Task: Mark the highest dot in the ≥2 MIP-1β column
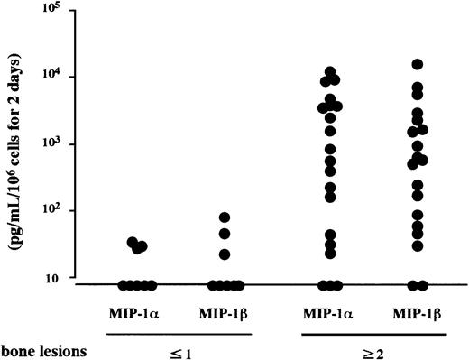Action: click(x=418, y=64)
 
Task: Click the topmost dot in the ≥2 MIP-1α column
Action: click(x=331, y=71)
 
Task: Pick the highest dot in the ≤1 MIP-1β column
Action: click(x=225, y=217)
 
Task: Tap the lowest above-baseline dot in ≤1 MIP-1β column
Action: click(x=225, y=254)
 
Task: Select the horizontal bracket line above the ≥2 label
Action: click(x=373, y=333)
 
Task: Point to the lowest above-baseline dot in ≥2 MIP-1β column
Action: click(x=418, y=245)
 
